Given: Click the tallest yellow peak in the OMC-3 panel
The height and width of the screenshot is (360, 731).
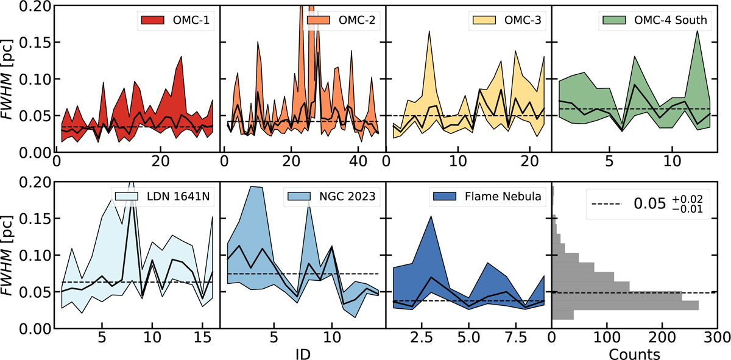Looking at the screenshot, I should [x=430, y=32].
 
